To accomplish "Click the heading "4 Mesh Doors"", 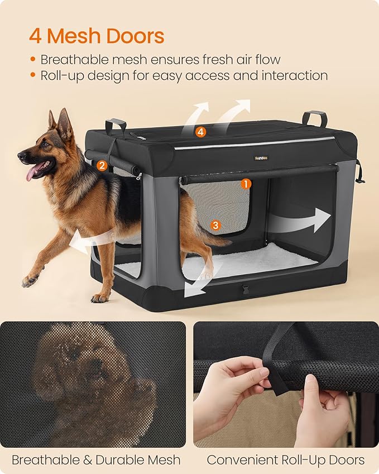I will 97,36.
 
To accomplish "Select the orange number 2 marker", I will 101,165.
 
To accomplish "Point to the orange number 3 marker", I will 215,225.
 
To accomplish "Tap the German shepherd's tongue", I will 31,174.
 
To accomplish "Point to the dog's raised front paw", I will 29,280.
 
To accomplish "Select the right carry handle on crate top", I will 314,117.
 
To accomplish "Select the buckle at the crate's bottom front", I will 243,290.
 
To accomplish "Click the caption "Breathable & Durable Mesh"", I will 96,460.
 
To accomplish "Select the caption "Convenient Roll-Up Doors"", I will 285,460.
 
